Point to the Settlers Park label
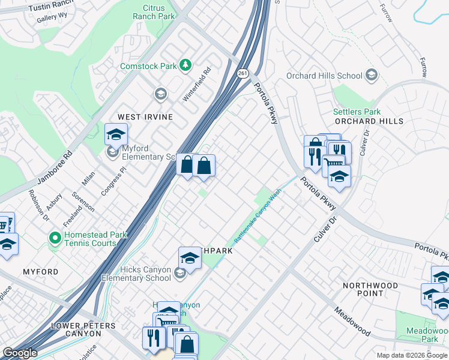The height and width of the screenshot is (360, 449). (357, 112)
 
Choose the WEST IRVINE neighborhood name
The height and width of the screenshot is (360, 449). (145, 116)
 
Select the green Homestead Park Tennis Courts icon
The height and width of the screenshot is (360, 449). (55, 238)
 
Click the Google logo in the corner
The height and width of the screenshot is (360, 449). (20, 353)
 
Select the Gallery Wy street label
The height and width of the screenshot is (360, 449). (51, 19)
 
